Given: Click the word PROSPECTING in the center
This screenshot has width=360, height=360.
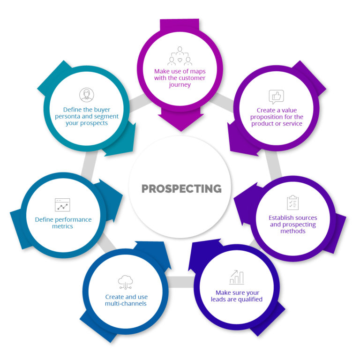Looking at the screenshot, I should click(x=181, y=188).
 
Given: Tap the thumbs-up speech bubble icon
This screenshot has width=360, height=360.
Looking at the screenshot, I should click(x=277, y=97).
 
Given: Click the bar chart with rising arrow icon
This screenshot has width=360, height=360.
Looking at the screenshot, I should click(x=236, y=277).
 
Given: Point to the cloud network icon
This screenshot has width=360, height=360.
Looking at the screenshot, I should click(x=126, y=281).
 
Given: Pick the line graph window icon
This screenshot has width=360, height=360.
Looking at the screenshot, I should click(x=62, y=205).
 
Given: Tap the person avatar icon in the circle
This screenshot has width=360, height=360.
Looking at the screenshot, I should click(x=87, y=95).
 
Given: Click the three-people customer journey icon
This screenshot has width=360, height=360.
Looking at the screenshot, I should click(x=180, y=56).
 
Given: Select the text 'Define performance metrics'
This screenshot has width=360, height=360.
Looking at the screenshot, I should click(x=63, y=223).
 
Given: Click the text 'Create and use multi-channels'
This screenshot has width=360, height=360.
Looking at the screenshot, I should click(x=126, y=300).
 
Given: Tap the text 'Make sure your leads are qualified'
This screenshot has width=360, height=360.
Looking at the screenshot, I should click(x=236, y=296).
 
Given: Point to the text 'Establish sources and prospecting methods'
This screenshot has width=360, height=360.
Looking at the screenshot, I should click(x=293, y=224).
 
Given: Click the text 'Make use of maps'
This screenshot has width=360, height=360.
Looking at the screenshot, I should click(x=180, y=71).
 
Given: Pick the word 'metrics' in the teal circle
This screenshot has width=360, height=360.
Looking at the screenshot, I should click(x=63, y=226).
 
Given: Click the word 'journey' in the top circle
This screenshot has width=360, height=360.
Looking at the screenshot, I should click(x=180, y=85).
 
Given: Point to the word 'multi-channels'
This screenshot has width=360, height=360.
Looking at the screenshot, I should click(x=126, y=303).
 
